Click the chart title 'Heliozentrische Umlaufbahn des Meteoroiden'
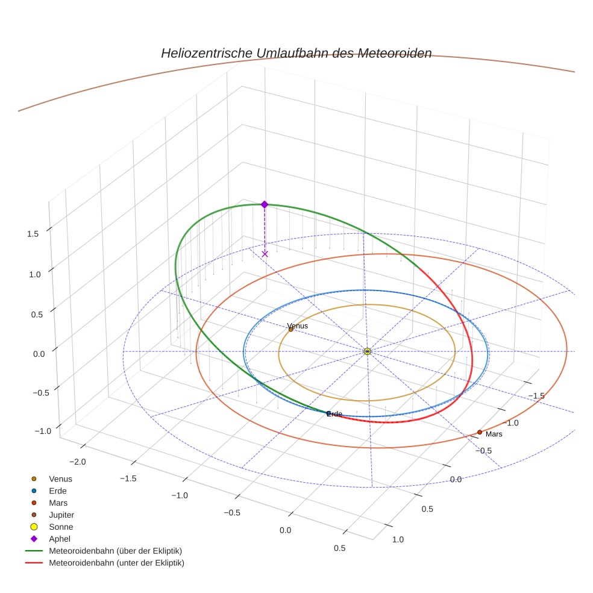(x=296, y=53)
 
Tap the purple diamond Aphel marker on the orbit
(x=264, y=204)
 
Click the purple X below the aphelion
(x=265, y=254)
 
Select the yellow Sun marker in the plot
(x=368, y=351)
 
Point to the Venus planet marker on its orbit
(x=290, y=329)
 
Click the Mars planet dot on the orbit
(x=480, y=432)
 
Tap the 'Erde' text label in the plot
(x=334, y=414)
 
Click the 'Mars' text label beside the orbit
(x=494, y=434)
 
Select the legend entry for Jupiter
(x=61, y=515)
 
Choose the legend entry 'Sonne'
(x=60, y=527)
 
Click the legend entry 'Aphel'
(x=59, y=539)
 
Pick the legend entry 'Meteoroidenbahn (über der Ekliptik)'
(x=115, y=551)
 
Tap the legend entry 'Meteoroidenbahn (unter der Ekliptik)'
(x=116, y=563)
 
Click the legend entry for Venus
(x=60, y=478)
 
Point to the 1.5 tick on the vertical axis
(x=34, y=234)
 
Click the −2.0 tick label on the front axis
(x=79, y=461)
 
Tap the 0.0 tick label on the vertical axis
(x=39, y=354)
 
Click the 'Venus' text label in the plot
(x=298, y=326)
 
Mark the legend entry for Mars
(x=58, y=503)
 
